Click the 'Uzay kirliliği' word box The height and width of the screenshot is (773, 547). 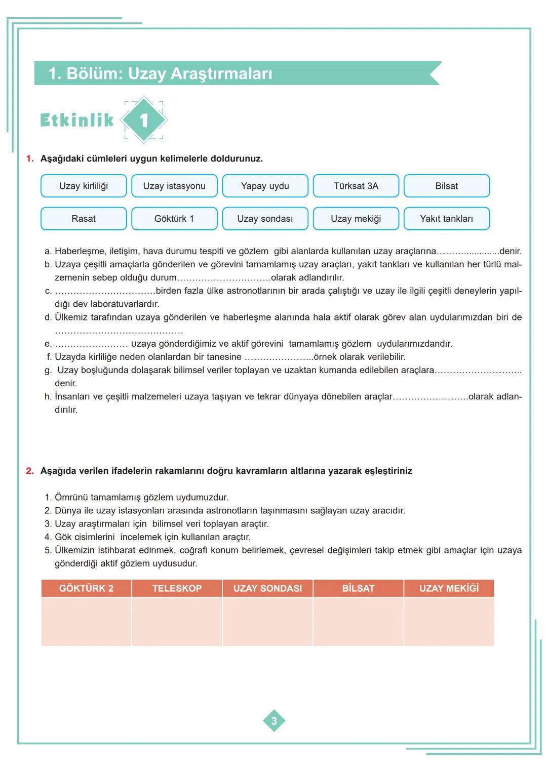(x=84, y=186)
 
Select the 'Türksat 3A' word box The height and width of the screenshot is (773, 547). (x=356, y=186)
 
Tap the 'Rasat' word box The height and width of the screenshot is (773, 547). (x=84, y=219)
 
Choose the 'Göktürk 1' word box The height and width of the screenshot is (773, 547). (x=174, y=219)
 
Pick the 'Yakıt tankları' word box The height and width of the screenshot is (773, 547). (x=446, y=219)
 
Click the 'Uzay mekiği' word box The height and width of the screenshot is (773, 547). (x=356, y=219)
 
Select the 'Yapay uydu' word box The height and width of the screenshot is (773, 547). (x=265, y=186)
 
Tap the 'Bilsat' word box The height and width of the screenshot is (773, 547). (x=446, y=186)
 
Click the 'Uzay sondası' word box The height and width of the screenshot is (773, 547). (x=265, y=219)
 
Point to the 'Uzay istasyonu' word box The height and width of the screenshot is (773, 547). (x=174, y=186)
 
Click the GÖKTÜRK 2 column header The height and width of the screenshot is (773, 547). (x=86, y=588)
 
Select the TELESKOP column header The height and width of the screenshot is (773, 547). (x=177, y=588)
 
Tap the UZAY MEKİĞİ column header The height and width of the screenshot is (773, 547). (x=449, y=588)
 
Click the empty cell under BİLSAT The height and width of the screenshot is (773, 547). (x=358, y=622)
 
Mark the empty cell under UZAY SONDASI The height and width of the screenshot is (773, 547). (x=267, y=622)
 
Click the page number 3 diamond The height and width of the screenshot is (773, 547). (x=274, y=721)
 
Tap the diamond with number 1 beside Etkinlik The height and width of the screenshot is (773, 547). (x=144, y=120)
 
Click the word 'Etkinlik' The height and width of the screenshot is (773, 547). (x=77, y=120)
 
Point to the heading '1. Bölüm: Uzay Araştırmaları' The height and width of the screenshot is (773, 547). (x=160, y=73)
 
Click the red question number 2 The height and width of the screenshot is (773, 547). (x=30, y=471)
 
